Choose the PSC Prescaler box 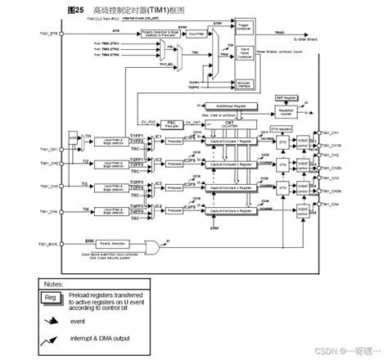[x=172, y=123]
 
